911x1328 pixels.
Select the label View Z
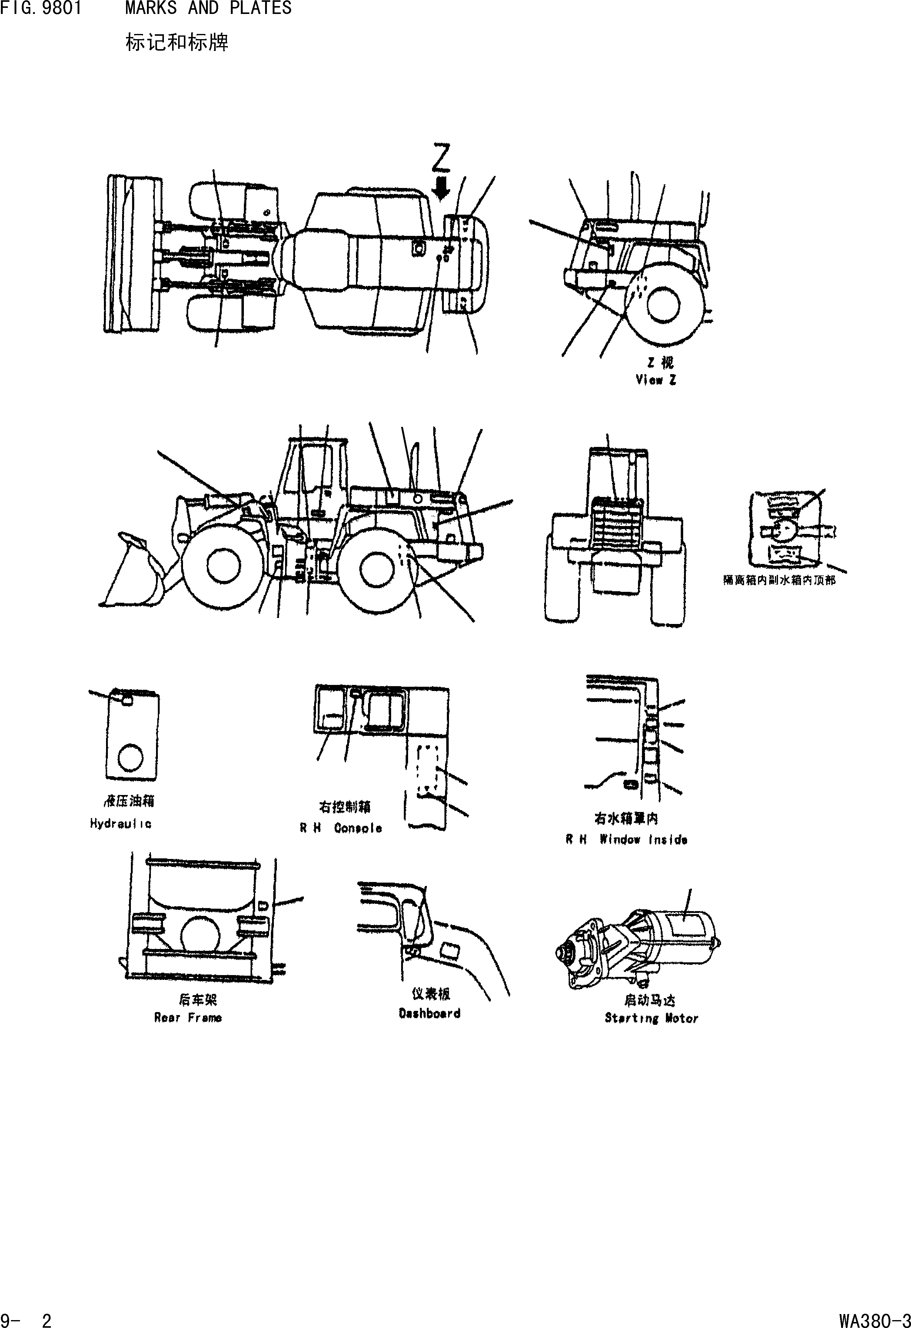pos(656,380)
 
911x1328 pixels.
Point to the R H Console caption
pos(341,828)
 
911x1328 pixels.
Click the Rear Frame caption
pos(188,1018)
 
